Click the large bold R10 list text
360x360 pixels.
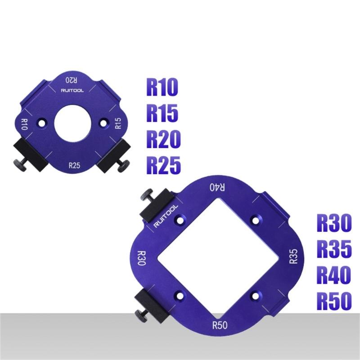click(x=162, y=88)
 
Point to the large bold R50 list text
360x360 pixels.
click(x=333, y=301)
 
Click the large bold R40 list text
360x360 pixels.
click(x=333, y=275)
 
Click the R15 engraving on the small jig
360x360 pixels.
click(x=118, y=123)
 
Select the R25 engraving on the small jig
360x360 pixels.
click(x=75, y=165)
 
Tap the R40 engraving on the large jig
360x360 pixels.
click(x=218, y=187)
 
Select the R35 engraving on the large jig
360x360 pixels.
click(x=293, y=256)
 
